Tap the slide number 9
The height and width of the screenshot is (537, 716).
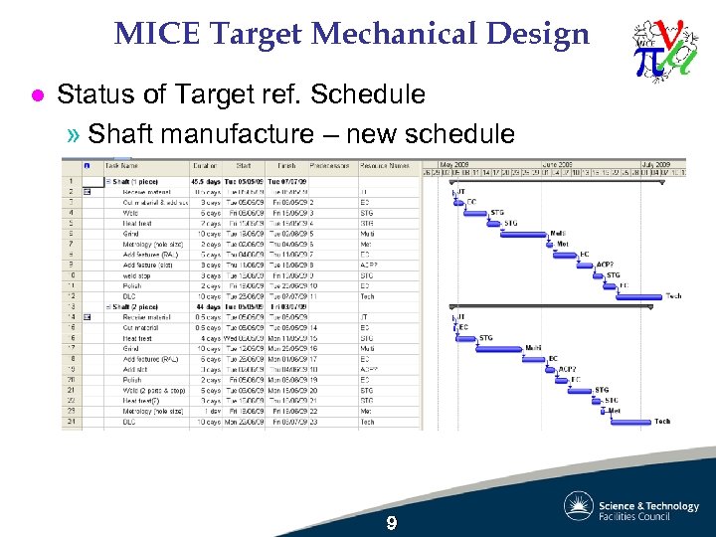pos(392,523)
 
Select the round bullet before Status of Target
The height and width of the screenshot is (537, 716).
pos(37,95)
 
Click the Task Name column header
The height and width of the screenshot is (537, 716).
pos(122,165)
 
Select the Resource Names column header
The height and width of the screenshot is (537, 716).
pos(384,165)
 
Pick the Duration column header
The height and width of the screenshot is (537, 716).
pos(205,165)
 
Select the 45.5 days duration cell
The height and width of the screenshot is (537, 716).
pos(206,181)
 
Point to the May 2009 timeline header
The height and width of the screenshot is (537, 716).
pos(455,163)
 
